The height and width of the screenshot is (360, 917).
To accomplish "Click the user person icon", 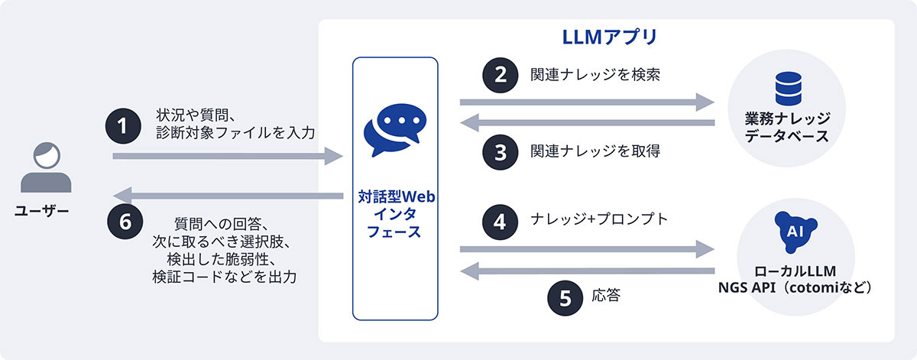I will [x=46, y=167].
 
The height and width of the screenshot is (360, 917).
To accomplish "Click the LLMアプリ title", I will [x=605, y=37].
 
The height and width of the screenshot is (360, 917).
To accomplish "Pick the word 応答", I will [x=605, y=295].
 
